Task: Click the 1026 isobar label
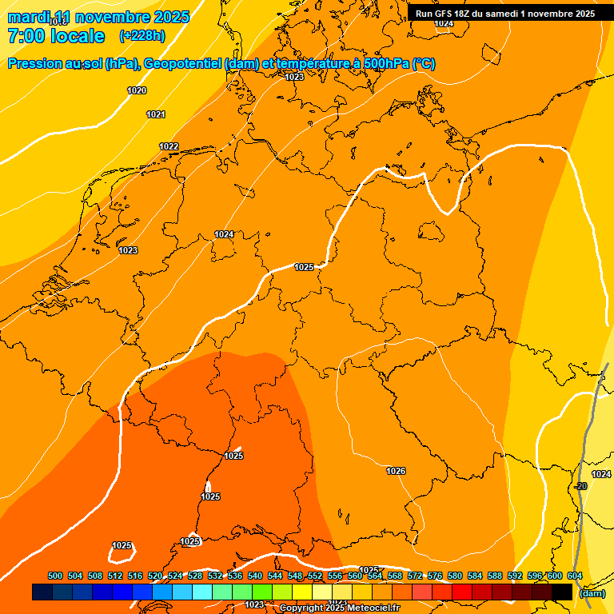pyautogui.click(x=396, y=471)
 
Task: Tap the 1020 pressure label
pyautogui.click(x=137, y=90)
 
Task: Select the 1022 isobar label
pyautogui.click(x=169, y=146)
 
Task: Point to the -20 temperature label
pyautogui.click(x=580, y=486)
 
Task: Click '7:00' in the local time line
pyautogui.click(x=26, y=36)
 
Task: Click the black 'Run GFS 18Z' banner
pyautogui.click(x=505, y=14)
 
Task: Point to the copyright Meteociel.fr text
pyautogui.click(x=340, y=608)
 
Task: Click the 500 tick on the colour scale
pyautogui.click(x=55, y=576)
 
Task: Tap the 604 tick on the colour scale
pyautogui.click(x=574, y=576)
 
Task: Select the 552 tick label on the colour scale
pyautogui.click(x=315, y=576)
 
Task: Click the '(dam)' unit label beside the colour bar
pyautogui.click(x=592, y=593)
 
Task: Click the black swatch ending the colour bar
pyautogui.click(x=563, y=592)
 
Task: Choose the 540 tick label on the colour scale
pyautogui.click(x=255, y=576)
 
